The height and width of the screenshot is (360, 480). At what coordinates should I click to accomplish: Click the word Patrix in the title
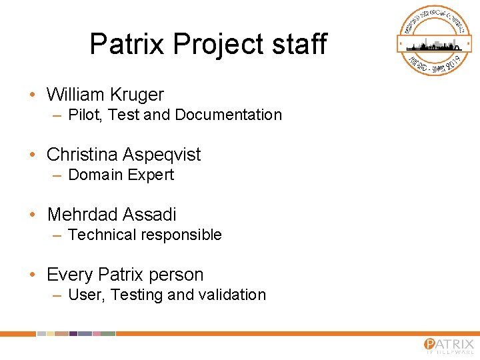pyautogui.click(x=127, y=44)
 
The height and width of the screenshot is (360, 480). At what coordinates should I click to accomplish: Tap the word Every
pyautogui.click(x=70, y=275)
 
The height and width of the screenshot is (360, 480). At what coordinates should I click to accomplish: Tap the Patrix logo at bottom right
pyautogui.click(x=449, y=345)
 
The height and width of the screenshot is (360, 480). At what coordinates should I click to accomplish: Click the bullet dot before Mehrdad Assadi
pyautogui.click(x=33, y=215)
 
